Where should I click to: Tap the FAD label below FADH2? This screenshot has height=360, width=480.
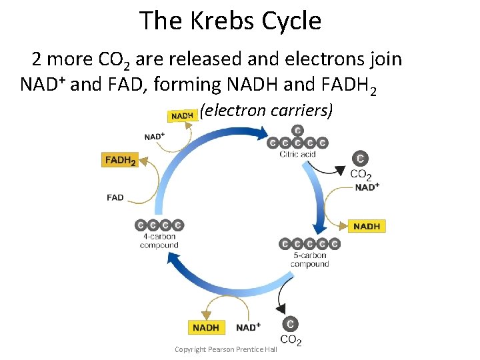click(x=115, y=197)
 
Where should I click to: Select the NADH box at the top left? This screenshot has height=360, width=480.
click(x=182, y=115)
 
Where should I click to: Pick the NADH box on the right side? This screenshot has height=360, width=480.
click(x=367, y=226)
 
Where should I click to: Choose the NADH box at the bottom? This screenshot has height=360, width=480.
click(x=206, y=327)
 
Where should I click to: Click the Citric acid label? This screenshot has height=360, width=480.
click(x=297, y=155)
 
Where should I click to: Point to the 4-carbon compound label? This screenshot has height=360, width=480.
click(x=159, y=241)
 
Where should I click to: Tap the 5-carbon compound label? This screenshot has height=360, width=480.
click(x=309, y=259)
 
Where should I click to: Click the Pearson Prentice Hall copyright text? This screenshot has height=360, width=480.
click(x=225, y=349)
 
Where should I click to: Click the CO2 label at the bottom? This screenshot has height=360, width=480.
click(x=291, y=340)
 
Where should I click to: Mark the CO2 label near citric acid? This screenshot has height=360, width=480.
click(x=361, y=175)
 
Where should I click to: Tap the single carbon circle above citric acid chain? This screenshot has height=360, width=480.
click(x=297, y=130)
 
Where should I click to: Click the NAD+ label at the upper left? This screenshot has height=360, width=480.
click(x=154, y=137)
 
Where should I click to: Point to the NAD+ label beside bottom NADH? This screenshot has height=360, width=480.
click(x=248, y=327)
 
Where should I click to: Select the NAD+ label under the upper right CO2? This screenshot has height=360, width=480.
click(x=367, y=187)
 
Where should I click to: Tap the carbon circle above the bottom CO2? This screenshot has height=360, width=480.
click(x=290, y=324)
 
